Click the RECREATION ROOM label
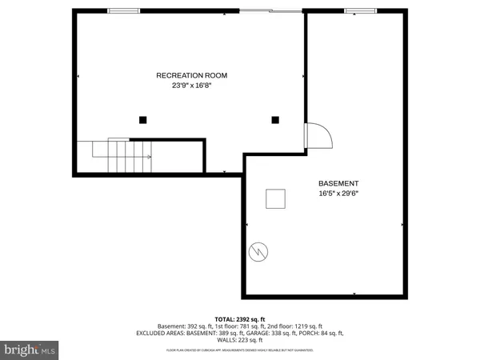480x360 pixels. [192, 75]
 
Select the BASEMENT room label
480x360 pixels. [338, 182]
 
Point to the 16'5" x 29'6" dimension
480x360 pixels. [338, 193]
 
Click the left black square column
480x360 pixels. [142, 120]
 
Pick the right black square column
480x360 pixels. [275, 120]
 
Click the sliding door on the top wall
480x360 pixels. [270, 10]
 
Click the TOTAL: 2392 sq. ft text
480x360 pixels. [239, 318]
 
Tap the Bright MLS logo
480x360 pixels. [29, 349]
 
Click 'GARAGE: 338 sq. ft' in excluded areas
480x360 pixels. [271, 333]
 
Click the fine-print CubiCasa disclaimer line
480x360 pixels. [240, 350]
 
